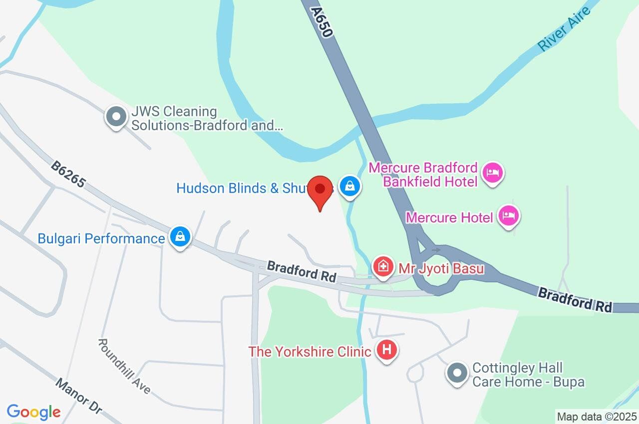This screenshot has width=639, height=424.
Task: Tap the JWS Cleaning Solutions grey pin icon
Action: pyautogui.click(x=116, y=117)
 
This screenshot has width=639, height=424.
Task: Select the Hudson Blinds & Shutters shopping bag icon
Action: pyautogui.click(x=350, y=187)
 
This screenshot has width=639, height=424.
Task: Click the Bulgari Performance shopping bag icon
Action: pyautogui.click(x=179, y=237)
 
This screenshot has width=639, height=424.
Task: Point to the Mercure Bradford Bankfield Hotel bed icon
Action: pyautogui.click(x=493, y=173)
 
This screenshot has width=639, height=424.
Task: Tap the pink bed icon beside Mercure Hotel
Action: pyautogui.click(x=508, y=216)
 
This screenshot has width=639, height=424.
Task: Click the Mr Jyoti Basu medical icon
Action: pyautogui.click(x=383, y=267)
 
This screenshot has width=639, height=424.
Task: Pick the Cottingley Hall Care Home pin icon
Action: pyautogui.click(x=456, y=374)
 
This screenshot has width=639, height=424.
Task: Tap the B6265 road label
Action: pyautogui.click(x=68, y=174)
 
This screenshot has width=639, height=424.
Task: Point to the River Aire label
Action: pyautogui.click(x=564, y=29)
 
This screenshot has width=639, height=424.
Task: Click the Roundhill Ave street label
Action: pyautogui.click(x=124, y=366)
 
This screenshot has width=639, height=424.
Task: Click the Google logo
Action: pyautogui.click(x=33, y=412)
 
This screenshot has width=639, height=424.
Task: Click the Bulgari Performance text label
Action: pyautogui.click(x=101, y=238)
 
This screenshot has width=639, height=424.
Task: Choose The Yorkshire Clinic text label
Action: pyautogui.click(x=310, y=351)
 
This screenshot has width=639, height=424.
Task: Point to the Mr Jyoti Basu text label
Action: pyautogui.click(x=441, y=268)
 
